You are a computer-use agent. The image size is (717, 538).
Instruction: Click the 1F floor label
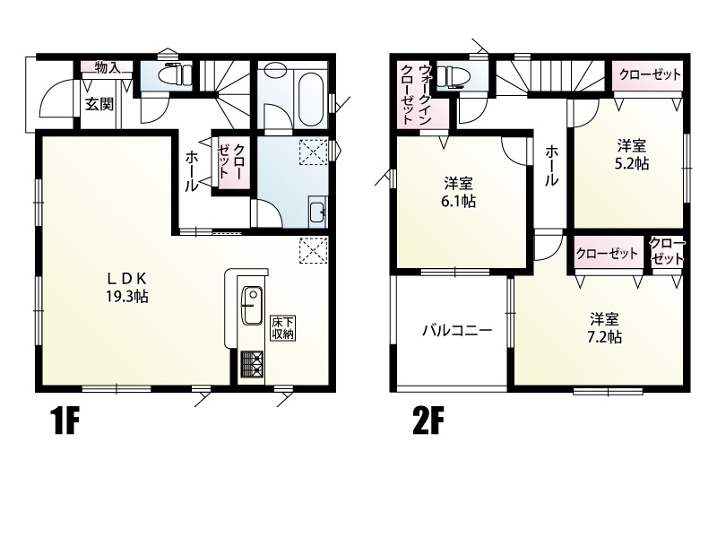pyautogui.click(x=64, y=421)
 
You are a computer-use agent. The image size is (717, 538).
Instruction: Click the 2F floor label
pyautogui.click(x=428, y=421)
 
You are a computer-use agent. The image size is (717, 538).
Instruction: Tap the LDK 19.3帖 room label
pyautogui.click(x=127, y=287)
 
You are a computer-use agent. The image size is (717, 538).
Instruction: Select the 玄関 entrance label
pyautogui.click(x=99, y=105)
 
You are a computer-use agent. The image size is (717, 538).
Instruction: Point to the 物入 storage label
pyautogui.click(x=108, y=68)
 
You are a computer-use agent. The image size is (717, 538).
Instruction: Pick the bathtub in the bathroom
pyautogui.click(x=311, y=99)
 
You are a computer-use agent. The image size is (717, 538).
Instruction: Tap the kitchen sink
pyautogui.click(x=251, y=304)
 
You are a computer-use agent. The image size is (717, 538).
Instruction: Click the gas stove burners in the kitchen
pyautogui.click(x=252, y=364)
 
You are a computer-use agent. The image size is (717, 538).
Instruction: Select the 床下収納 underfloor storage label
pyautogui.click(x=282, y=327)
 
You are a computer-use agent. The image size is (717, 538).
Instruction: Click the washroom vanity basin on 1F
pyautogui.click(x=317, y=212)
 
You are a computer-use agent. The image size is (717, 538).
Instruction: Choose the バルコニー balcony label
pyautogui.click(x=457, y=330)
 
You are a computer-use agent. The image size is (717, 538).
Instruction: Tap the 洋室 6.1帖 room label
pyautogui.click(x=458, y=193)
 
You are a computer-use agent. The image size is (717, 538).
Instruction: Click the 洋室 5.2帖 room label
pyautogui.click(x=632, y=154)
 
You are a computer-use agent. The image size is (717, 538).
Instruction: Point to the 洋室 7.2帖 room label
pyautogui.click(x=604, y=327)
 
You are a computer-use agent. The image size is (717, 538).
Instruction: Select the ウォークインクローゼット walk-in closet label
pyautogui.click(x=416, y=95)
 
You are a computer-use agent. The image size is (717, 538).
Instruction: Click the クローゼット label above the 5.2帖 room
pyautogui.click(x=650, y=74)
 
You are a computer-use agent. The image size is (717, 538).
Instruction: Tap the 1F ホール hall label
pyautogui.click(x=192, y=171)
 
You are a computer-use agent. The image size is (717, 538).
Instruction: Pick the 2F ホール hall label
pyautogui.click(x=551, y=166)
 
